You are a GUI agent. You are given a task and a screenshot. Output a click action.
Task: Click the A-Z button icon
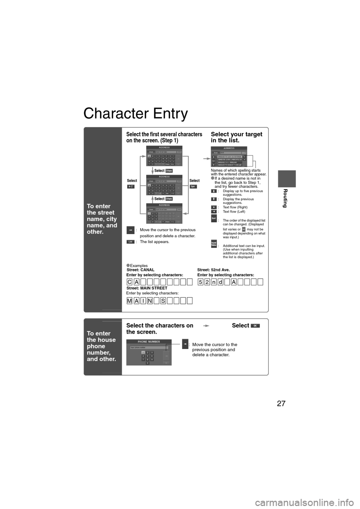(x=130, y=186)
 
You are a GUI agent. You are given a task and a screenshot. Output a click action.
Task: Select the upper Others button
(x=169, y=171)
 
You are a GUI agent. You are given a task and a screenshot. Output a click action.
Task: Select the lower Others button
(x=169, y=199)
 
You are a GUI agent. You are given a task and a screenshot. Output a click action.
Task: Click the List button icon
(x=130, y=242)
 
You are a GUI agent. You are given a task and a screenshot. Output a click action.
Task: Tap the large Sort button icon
(x=214, y=218)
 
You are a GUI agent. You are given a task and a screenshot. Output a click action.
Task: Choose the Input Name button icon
(x=214, y=244)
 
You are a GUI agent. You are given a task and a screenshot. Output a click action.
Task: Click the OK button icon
(x=255, y=326)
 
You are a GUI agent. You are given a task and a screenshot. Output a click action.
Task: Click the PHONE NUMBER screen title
(x=149, y=341)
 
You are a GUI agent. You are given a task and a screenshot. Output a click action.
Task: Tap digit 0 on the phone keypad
(x=147, y=363)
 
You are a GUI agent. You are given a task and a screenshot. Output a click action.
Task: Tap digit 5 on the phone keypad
(x=147, y=356)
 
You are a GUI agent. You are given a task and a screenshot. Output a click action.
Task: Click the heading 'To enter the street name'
(x=102, y=219)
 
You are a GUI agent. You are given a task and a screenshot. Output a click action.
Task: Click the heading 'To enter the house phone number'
(x=101, y=346)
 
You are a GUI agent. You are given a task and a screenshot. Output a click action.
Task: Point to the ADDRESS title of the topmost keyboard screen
(x=164, y=147)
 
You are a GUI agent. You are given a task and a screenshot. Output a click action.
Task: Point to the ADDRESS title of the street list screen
(x=228, y=148)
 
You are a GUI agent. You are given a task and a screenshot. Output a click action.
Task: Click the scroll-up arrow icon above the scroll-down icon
(x=214, y=191)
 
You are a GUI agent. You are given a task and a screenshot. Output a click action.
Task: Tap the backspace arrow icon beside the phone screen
(x=185, y=343)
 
